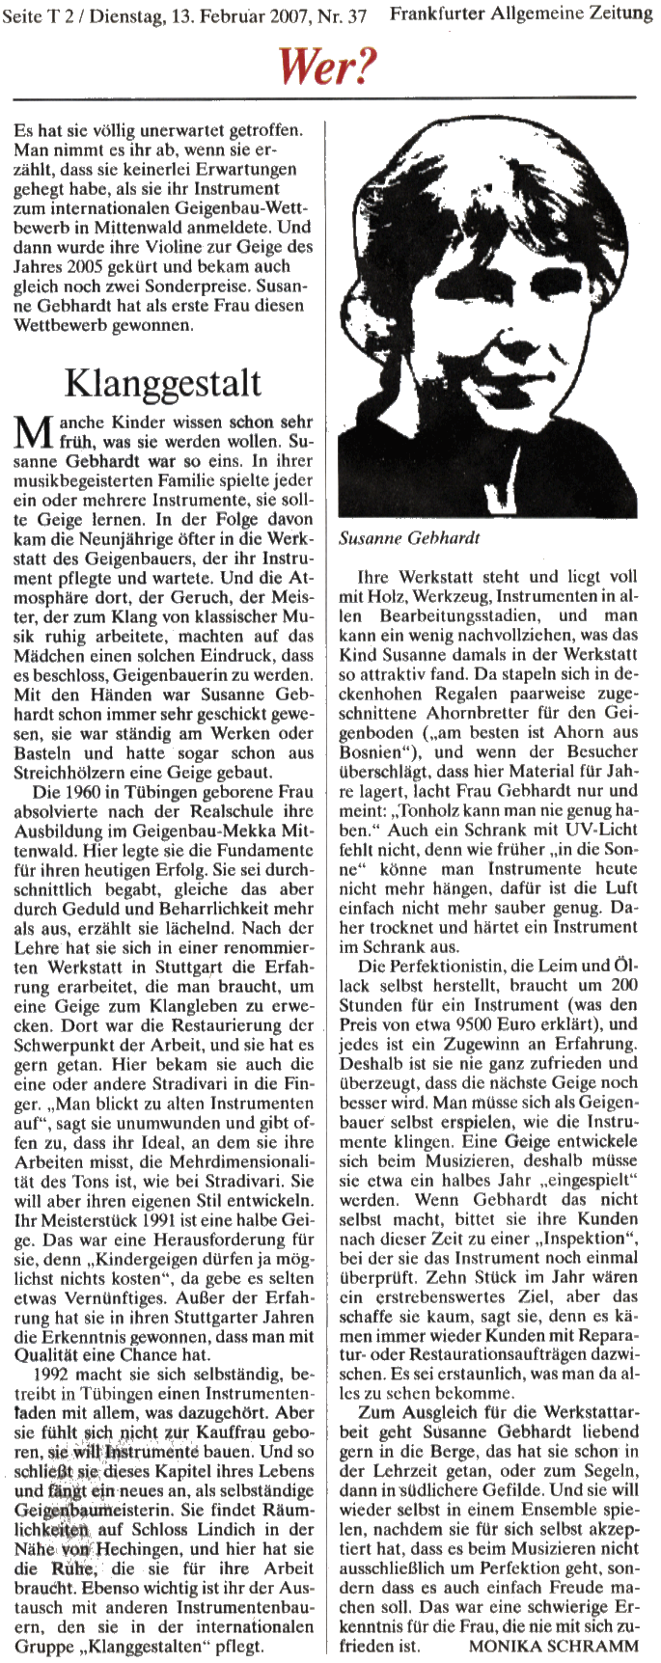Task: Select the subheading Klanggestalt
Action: tap(162, 382)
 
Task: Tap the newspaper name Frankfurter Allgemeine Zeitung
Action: tap(522, 15)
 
